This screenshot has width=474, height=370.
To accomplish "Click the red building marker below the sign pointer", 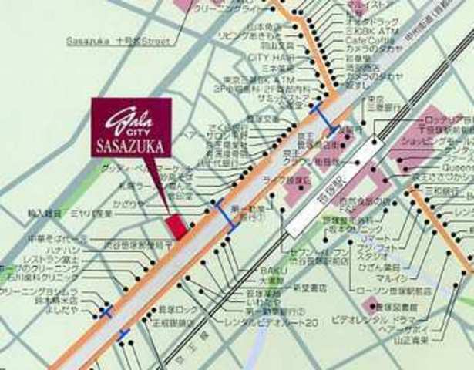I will [177, 227].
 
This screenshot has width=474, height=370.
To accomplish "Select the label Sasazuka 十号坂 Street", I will [118, 40].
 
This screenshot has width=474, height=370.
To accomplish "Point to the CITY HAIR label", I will [267, 58].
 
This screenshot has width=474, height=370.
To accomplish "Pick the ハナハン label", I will [59, 251].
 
